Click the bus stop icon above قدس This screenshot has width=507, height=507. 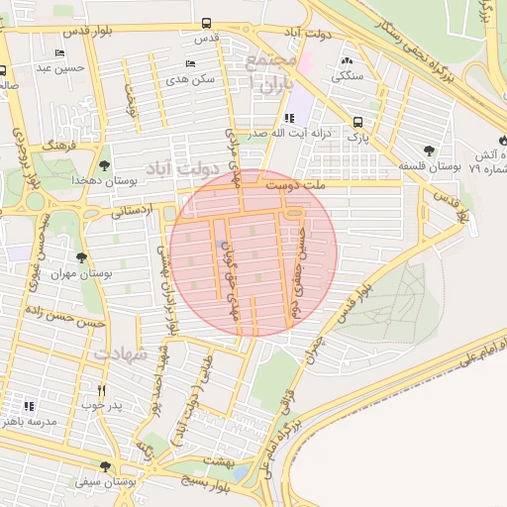click(x=206, y=23)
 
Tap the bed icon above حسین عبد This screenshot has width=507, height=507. click(x=60, y=52)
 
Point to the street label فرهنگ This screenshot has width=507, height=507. click(x=59, y=145)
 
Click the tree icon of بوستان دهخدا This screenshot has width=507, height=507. click(x=105, y=164)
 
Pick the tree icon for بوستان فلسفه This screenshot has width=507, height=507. click(x=428, y=151)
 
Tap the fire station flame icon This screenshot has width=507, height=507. click(x=505, y=140)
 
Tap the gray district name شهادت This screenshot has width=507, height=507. click(x=121, y=353)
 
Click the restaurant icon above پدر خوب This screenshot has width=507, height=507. click(x=100, y=390)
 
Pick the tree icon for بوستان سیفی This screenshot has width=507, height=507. click(x=105, y=466)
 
